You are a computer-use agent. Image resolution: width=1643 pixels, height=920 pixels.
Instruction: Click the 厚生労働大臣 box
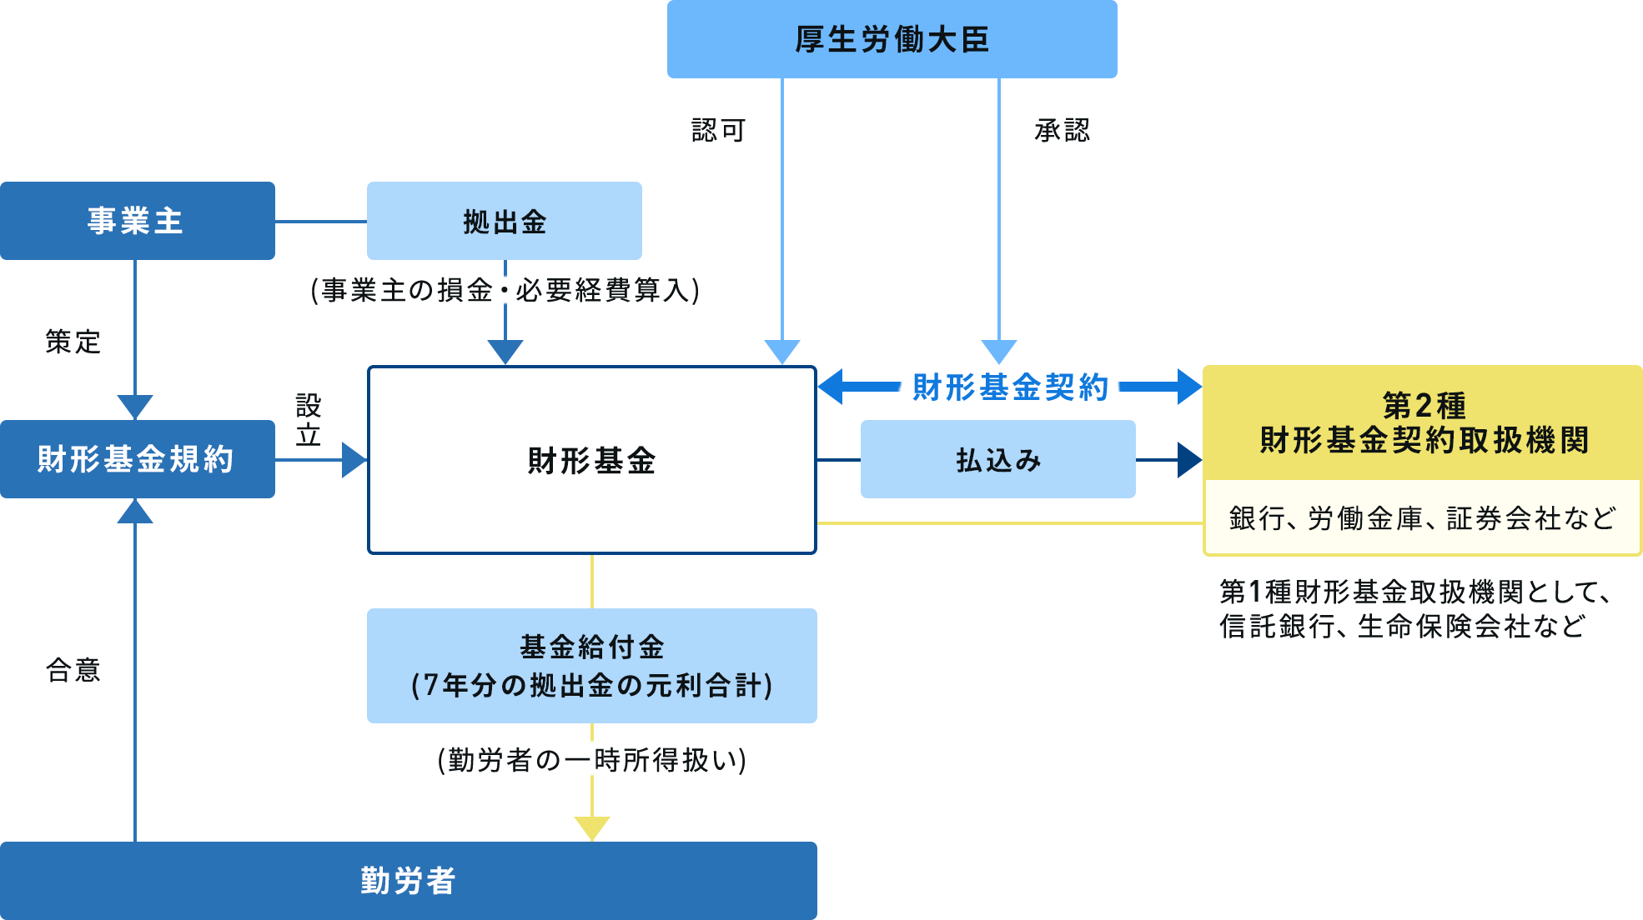(x=892, y=39)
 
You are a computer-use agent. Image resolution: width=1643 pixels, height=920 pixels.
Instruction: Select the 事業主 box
(x=137, y=221)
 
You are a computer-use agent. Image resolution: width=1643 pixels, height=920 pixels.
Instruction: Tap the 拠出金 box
(x=504, y=222)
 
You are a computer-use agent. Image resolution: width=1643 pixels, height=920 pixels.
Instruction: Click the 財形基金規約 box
(x=137, y=459)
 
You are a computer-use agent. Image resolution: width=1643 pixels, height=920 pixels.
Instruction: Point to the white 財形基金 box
(x=591, y=460)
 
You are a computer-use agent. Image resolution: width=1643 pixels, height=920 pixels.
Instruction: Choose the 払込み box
(x=997, y=460)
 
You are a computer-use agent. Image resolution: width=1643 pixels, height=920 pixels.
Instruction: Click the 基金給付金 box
(x=591, y=666)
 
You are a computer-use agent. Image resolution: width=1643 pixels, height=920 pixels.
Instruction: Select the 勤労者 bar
(x=408, y=881)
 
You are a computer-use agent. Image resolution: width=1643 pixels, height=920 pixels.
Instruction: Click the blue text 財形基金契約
(x=1009, y=387)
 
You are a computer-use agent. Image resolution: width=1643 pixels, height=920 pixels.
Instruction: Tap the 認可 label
(x=718, y=130)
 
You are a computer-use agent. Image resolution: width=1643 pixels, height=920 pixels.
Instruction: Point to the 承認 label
(x=1062, y=130)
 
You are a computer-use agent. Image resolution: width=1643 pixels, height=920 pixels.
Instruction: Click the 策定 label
(x=73, y=342)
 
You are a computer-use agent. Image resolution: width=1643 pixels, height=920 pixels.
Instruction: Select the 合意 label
(x=73, y=670)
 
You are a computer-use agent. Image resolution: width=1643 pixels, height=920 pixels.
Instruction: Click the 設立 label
(x=309, y=421)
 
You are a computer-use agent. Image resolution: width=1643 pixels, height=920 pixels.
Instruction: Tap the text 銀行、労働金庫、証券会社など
(x=1422, y=518)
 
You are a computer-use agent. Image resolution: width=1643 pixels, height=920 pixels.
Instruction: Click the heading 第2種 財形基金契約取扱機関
(x=1424, y=423)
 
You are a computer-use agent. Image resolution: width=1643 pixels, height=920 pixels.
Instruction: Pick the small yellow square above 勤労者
(x=592, y=828)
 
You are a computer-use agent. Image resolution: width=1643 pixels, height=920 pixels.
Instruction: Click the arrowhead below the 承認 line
(x=998, y=351)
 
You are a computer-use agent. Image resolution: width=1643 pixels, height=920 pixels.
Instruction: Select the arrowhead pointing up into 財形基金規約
(x=135, y=512)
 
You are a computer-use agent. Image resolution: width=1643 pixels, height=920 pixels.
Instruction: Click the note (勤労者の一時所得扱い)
(x=591, y=760)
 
